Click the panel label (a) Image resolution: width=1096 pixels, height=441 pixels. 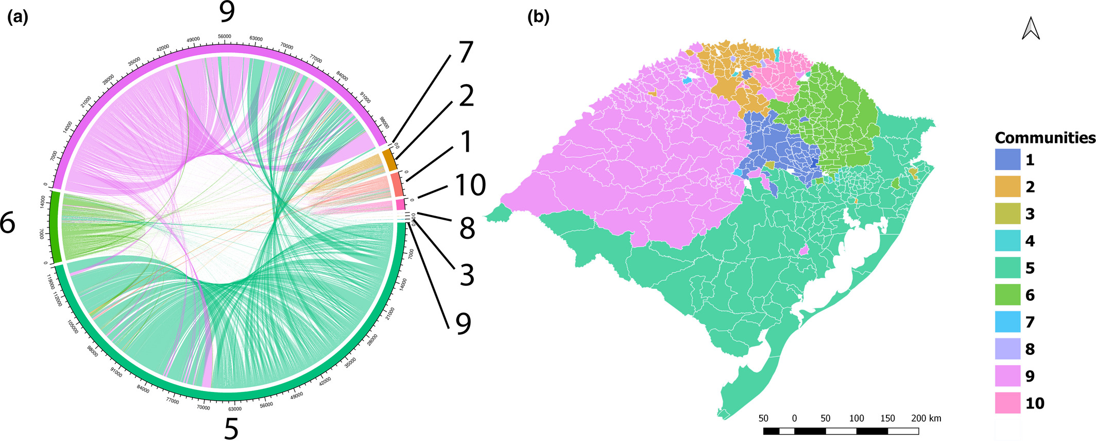[17, 18]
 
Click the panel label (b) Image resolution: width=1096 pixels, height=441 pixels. [539, 18]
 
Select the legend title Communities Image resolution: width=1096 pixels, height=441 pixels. [1044, 138]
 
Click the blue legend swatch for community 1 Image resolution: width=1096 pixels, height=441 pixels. [1007, 160]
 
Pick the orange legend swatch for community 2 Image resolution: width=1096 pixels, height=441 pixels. [1007, 187]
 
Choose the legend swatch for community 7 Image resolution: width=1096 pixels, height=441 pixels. [1007, 322]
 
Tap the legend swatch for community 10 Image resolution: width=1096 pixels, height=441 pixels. [1007, 403]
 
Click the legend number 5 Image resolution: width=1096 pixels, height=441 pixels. [1030, 268]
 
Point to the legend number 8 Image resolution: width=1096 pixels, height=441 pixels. [1030, 349]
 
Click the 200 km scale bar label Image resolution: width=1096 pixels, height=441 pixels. [926, 418]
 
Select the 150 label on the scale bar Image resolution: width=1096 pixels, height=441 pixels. [887, 418]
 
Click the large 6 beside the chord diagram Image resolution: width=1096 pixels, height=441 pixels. [8, 224]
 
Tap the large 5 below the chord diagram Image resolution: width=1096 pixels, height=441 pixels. [231, 428]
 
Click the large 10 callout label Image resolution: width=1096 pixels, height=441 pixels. [470, 185]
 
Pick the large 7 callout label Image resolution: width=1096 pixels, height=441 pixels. [466, 53]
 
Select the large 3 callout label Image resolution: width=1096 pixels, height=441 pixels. [467, 275]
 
